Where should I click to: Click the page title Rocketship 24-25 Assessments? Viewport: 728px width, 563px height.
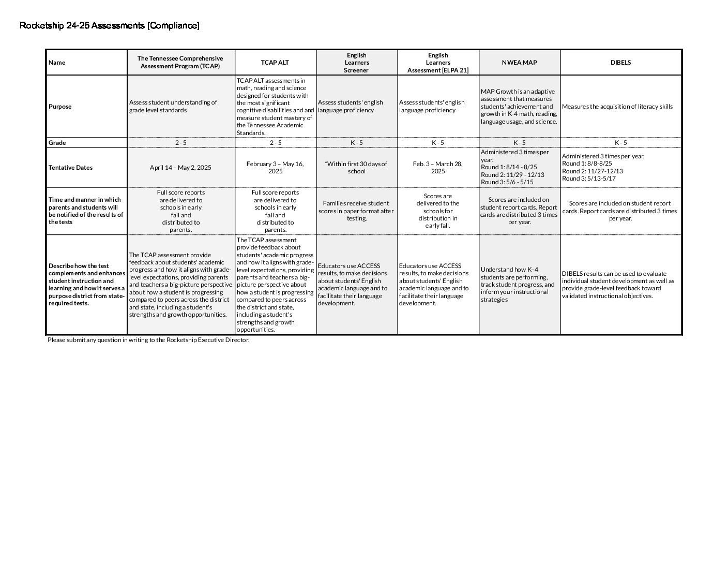click(x=109, y=25)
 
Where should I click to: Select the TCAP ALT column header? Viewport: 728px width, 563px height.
click(x=275, y=63)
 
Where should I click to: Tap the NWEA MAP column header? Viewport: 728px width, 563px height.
click(x=519, y=63)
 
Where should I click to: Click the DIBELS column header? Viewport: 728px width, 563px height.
click(x=620, y=63)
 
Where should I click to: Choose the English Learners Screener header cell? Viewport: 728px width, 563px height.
click(x=356, y=63)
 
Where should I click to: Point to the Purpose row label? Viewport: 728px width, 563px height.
click(x=60, y=107)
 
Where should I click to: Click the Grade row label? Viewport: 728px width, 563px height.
click(x=57, y=143)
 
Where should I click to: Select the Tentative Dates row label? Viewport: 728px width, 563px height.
click(x=70, y=168)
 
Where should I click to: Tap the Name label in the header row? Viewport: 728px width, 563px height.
click(x=57, y=63)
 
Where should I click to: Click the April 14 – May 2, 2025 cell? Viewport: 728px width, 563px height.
click(x=180, y=168)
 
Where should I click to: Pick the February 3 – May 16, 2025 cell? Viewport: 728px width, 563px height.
click(x=275, y=168)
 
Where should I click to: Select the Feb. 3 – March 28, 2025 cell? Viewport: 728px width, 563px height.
click(x=437, y=168)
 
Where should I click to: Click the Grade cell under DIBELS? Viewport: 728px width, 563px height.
click(x=620, y=143)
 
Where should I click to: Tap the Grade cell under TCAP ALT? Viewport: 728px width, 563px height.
click(x=275, y=143)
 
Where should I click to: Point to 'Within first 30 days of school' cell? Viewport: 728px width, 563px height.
click(x=356, y=168)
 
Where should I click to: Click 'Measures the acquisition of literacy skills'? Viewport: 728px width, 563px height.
click(x=617, y=107)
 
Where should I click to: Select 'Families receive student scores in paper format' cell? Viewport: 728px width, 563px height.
click(x=356, y=211)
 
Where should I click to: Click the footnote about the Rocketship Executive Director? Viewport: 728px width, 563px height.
click(x=148, y=340)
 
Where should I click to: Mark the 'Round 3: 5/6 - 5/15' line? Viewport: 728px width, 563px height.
click(x=507, y=182)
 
